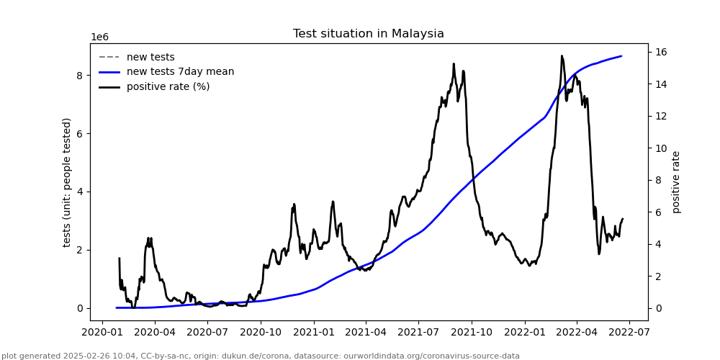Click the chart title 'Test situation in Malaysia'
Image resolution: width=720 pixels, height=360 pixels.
(368, 34)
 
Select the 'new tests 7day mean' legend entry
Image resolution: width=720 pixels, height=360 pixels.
(180, 72)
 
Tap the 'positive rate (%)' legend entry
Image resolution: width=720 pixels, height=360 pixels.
(168, 87)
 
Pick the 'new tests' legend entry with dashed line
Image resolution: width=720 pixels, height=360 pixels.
(150, 58)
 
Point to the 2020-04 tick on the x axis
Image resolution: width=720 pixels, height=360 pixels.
(155, 333)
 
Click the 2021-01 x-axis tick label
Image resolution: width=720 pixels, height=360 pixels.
(313, 333)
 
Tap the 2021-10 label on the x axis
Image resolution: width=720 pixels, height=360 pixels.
(472, 333)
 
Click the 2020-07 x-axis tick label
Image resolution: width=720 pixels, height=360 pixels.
(207, 333)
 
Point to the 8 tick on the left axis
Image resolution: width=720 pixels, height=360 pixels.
(80, 75)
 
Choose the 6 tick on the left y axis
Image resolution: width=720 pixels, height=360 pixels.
(80, 133)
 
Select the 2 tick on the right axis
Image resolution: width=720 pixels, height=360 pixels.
(660, 276)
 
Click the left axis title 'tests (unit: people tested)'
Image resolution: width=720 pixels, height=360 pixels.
(67, 182)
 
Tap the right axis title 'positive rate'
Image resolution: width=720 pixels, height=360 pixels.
(676, 182)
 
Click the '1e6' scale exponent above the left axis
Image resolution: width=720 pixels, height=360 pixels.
(99, 37)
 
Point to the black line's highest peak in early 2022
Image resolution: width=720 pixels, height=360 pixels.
(562, 55)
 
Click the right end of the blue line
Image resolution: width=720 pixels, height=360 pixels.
(621, 56)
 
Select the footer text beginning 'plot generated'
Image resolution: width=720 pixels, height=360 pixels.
(260, 356)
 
